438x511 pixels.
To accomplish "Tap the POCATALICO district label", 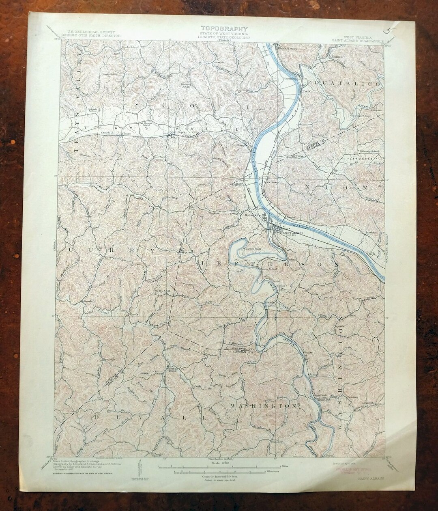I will (x=345, y=83).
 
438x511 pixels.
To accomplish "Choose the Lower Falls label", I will (x=252, y=247).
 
